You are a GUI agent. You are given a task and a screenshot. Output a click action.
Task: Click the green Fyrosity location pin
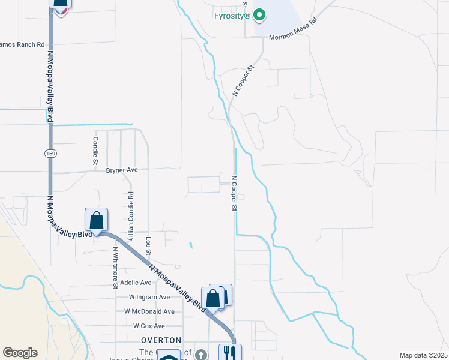pyautogui.click(x=259, y=14)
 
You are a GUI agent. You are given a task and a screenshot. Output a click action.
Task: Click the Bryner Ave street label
pyautogui.click(x=122, y=170)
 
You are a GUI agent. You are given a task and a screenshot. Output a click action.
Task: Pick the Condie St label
pyautogui.click(x=95, y=151)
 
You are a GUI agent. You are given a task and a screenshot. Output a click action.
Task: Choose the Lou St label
pyautogui.click(x=148, y=247)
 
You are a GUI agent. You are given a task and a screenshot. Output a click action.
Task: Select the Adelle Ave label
pyautogui.click(x=136, y=282)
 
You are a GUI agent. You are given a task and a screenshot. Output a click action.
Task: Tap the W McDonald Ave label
pyautogui.click(x=149, y=311)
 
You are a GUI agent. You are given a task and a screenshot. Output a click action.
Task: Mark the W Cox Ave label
pyautogui.click(x=149, y=326)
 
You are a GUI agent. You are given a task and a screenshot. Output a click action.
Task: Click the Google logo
pyautogui.click(x=20, y=352)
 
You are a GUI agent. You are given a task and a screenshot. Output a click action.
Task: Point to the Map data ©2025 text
pyautogui.click(x=423, y=355)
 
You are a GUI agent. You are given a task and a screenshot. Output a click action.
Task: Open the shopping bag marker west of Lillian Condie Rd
pyautogui.click(x=96, y=220)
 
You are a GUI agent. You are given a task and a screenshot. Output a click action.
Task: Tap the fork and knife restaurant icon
pyautogui.click(x=229, y=352)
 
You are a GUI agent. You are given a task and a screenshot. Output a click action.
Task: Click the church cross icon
pyautogui.click(x=200, y=355)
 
